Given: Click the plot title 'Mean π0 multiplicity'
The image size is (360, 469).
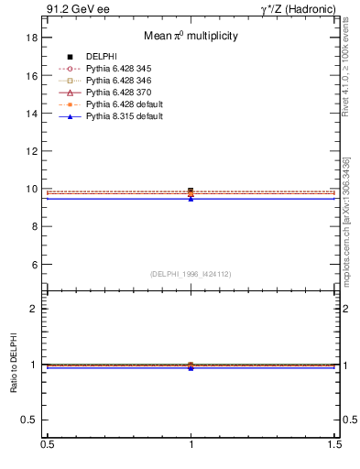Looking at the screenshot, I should pyautogui.click(x=191, y=36).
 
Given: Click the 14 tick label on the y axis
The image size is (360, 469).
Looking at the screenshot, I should pyautogui.click(x=32, y=114).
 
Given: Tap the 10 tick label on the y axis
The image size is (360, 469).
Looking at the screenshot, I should pyautogui.click(x=32, y=189).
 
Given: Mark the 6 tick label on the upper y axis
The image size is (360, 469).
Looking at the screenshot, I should pyautogui.click(x=35, y=265).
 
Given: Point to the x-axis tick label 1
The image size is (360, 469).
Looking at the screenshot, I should pyautogui.click(x=191, y=445).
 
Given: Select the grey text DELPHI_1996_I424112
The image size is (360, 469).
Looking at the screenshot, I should pyautogui.click(x=191, y=274).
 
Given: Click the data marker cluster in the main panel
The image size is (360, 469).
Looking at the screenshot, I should pyautogui.click(x=191, y=193).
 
